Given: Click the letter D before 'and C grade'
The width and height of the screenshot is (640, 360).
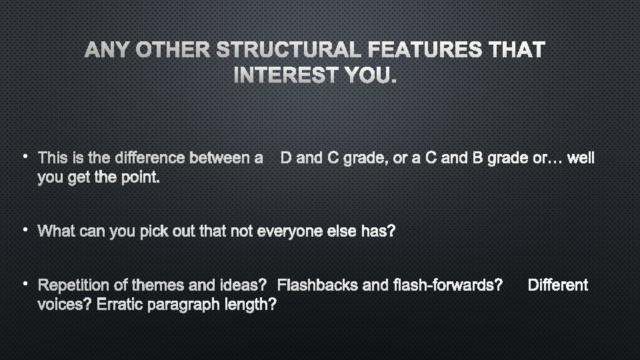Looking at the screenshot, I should click(x=285, y=159).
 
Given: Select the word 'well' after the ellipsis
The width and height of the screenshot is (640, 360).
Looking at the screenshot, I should click(x=579, y=159).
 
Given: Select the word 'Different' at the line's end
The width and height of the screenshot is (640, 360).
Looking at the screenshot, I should click(x=557, y=286).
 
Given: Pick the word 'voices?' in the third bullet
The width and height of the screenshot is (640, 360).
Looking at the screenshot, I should click(x=65, y=305).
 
